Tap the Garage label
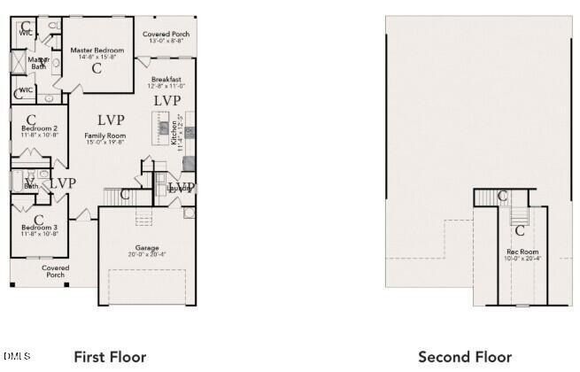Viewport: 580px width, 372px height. click(x=147, y=248)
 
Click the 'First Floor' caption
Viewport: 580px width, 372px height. click(x=110, y=357)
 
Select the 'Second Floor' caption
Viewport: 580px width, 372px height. click(x=465, y=357)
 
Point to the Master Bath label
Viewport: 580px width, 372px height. click(x=39, y=63)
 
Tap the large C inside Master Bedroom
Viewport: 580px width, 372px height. click(x=96, y=67)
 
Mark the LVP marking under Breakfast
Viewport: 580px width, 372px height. click(x=166, y=101)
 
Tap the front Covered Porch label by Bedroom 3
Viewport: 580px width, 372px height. click(x=55, y=271)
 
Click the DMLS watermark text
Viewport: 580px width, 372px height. click(x=16, y=356)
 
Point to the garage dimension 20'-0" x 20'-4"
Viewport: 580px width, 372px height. click(x=147, y=255)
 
